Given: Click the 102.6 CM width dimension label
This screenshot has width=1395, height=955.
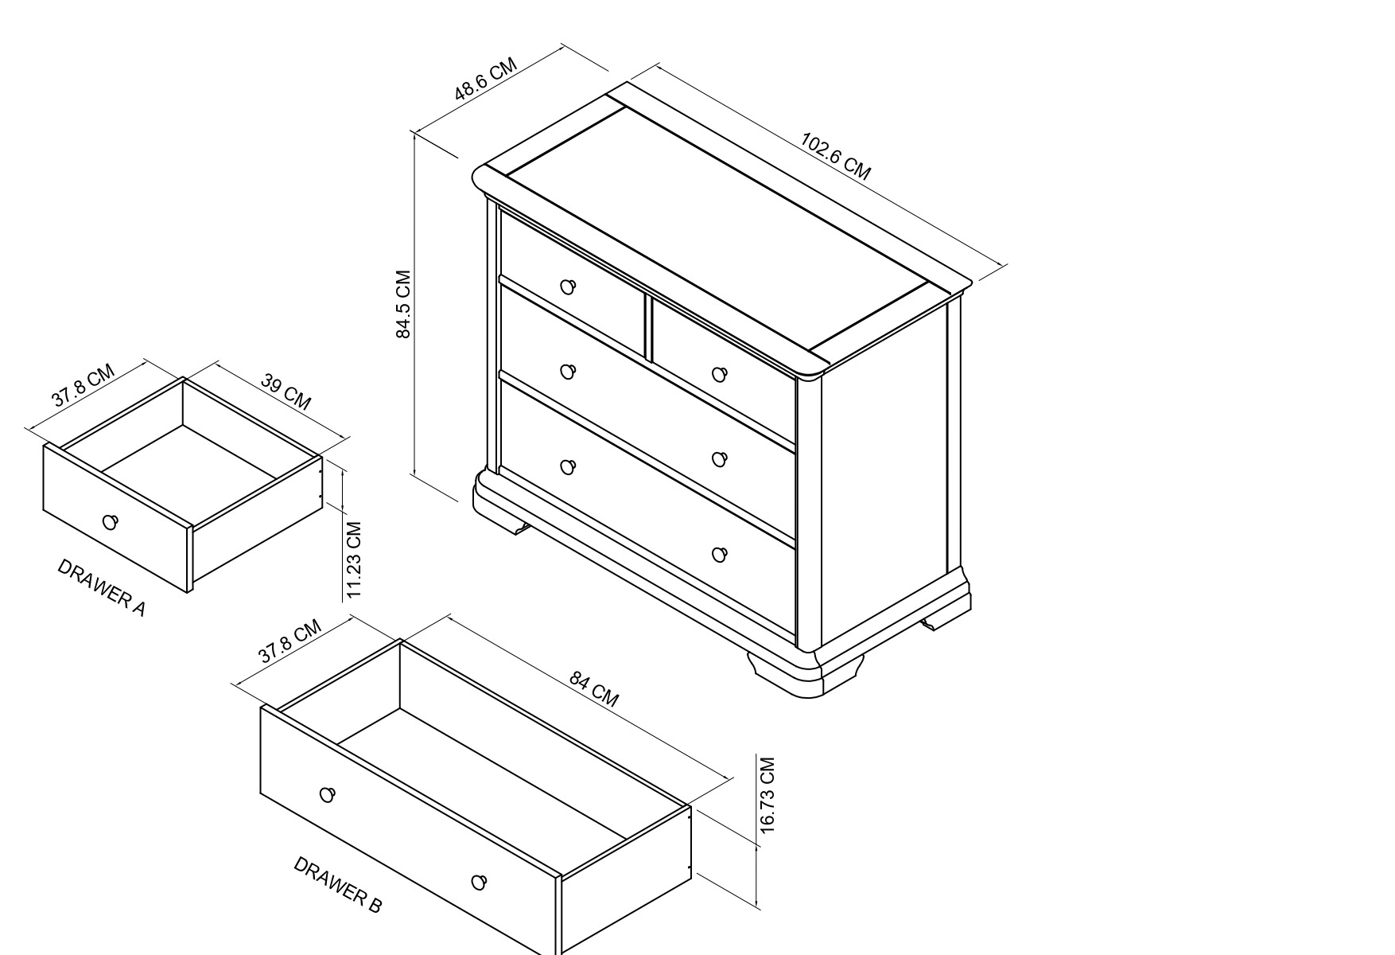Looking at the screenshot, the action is pos(836,157).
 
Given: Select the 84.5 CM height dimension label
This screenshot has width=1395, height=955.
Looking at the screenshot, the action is pos(403,305).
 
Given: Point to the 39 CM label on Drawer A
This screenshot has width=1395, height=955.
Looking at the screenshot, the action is pos(286,392).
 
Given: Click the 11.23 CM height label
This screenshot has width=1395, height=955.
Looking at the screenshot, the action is pos(354,560).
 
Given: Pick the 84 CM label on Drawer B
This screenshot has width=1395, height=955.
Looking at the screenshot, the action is pos(594,689).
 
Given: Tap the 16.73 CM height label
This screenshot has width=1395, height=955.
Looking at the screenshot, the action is pos(767,795).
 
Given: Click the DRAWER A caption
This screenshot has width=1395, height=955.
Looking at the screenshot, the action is pos(102,587).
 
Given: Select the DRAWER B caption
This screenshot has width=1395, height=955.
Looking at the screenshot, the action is pos(338,884).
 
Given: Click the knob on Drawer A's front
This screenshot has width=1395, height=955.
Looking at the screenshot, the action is pos(111,522).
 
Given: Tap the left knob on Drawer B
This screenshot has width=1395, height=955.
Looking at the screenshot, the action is pos(327,794).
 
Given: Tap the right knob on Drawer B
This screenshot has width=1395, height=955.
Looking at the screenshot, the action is pos(479,882).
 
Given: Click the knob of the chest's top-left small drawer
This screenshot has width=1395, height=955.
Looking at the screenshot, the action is pos(568,286).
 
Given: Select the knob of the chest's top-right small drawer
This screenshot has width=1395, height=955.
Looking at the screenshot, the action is pos(720,374).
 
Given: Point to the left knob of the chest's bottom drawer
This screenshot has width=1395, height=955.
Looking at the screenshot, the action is pos(568,467).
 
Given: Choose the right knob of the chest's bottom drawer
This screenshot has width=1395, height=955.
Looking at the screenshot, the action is pos(720,555).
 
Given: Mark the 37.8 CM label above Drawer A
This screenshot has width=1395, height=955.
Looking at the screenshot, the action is pos(84,386).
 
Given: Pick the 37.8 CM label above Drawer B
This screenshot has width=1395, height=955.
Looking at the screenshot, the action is pos(289,641).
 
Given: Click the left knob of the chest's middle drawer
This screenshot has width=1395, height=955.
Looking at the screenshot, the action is pos(568,372).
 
